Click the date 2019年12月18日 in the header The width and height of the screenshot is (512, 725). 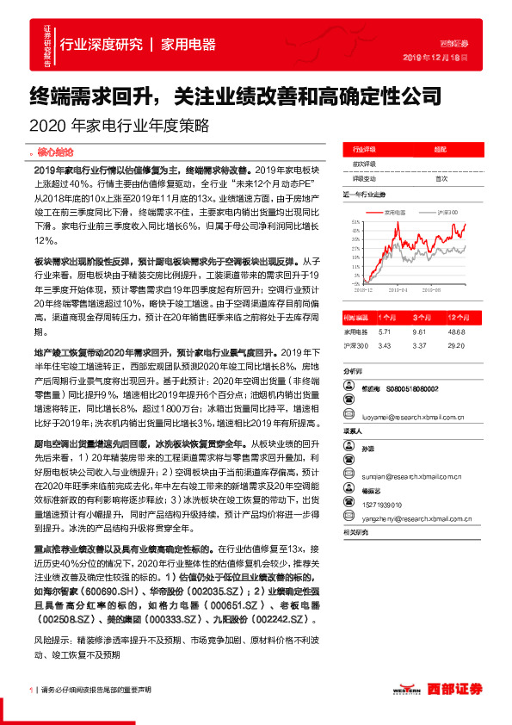point(435,58)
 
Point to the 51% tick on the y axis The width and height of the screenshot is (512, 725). point(355,221)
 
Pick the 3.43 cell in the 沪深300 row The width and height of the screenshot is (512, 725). point(384,345)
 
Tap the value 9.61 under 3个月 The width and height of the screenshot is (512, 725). point(420,331)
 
